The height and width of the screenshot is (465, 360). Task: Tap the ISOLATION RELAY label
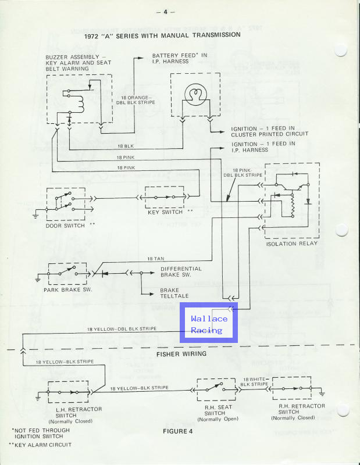[x=291, y=244]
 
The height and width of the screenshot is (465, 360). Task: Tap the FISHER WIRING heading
[x=181, y=353]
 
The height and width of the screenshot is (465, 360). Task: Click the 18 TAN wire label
[x=155, y=258]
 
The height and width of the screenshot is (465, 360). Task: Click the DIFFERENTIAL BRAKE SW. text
[x=181, y=272]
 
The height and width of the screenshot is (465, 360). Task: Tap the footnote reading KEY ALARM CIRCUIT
[x=43, y=444]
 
